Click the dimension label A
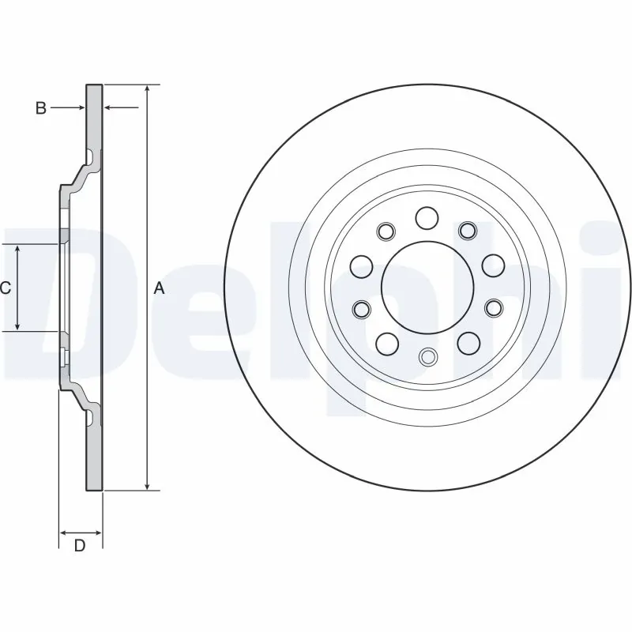(x=159, y=289)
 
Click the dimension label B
(x=41, y=108)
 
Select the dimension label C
(x=6, y=288)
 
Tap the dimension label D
(x=79, y=545)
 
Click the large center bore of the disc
(x=427, y=287)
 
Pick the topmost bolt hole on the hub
(x=427, y=217)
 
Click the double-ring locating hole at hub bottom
(x=427, y=356)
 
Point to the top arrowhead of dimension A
(x=147, y=88)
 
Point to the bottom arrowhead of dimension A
(x=147, y=485)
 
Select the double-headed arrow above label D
(x=81, y=531)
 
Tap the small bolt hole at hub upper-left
(x=386, y=231)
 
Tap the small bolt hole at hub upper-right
(x=467, y=230)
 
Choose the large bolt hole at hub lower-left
(x=386, y=343)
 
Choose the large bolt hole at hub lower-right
(x=468, y=343)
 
